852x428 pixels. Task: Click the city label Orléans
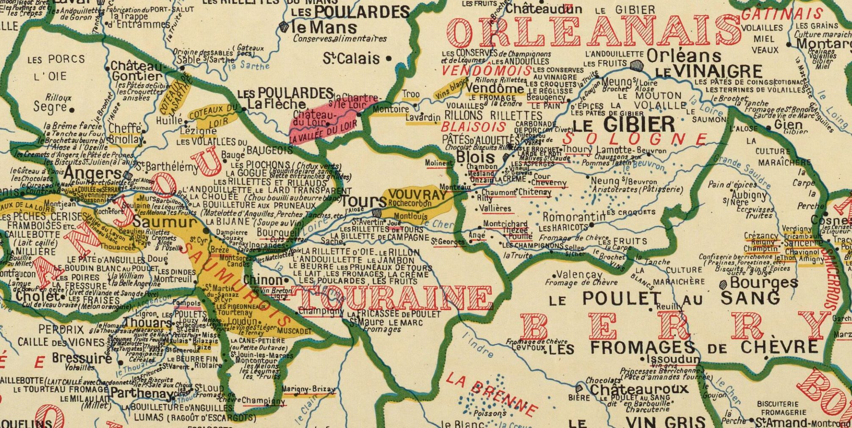pos(684,56)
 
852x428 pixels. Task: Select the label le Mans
pos(324,28)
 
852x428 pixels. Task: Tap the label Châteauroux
pos(639,389)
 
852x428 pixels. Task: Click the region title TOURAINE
pos(392,297)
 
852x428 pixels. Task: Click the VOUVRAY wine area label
pos(417,195)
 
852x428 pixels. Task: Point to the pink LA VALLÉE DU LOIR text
pos(323,132)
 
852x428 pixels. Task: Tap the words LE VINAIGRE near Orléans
pos(709,71)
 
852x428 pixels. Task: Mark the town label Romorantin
pos(567,217)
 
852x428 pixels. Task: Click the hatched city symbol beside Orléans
pos(636,65)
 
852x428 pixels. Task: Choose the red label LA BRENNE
pos(491,393)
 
